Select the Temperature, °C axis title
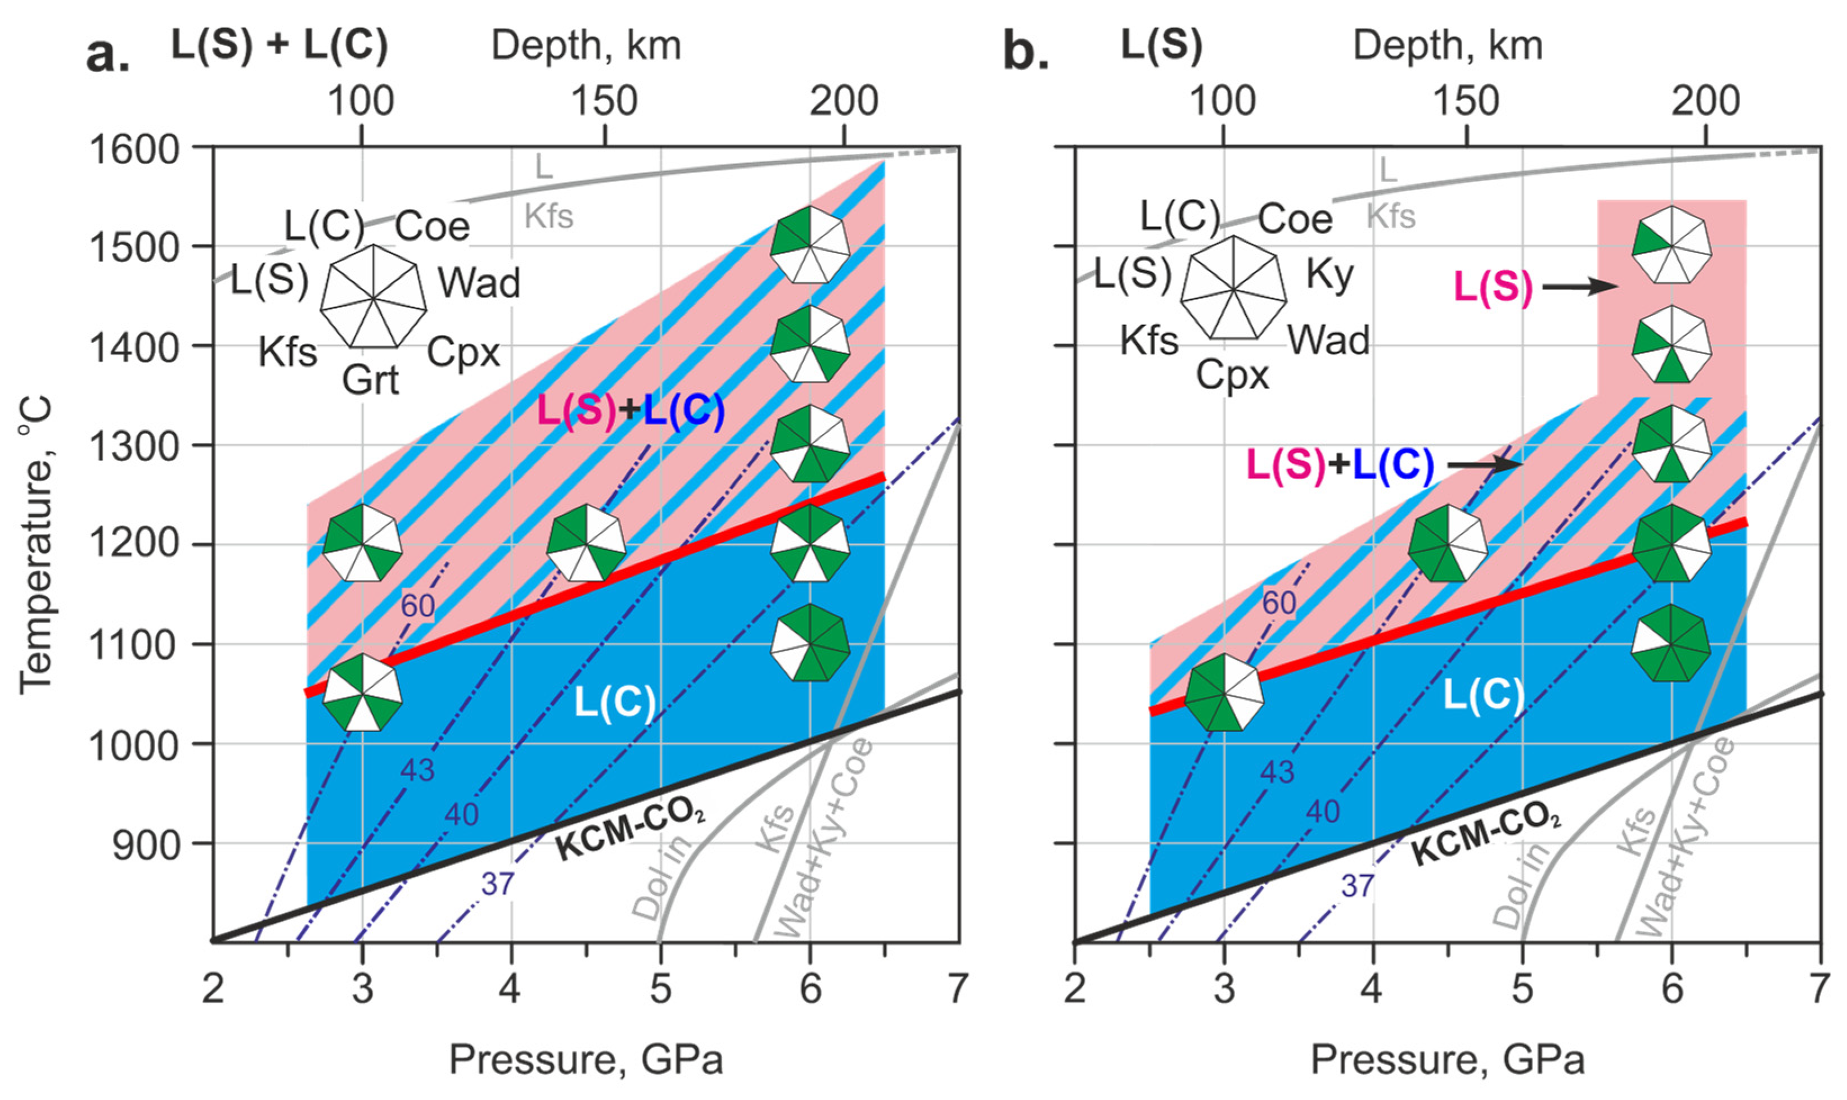coord(35,544)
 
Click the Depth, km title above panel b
coord(1447,46)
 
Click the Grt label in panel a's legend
coord(370,381)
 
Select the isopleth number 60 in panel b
coord(1280,603)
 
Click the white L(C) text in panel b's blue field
coord(1483,697)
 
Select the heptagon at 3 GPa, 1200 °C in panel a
coord(363,544)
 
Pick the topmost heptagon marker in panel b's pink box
coord(1672,245)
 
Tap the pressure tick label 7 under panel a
coord(958,989)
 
